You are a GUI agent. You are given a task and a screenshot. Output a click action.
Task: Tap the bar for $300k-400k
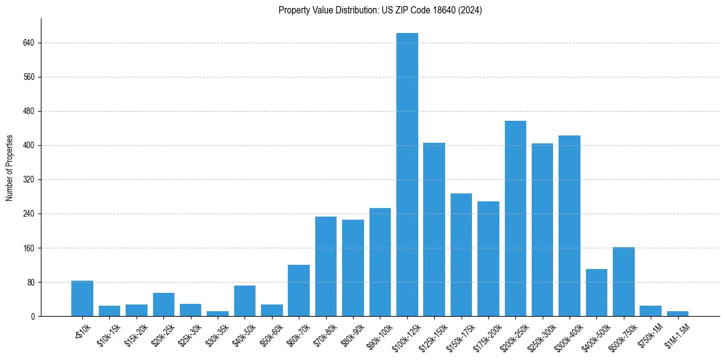pyautogui.click(x=570, y=226)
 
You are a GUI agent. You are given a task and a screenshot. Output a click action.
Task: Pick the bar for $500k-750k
pyautogui.click(x=623, y=282)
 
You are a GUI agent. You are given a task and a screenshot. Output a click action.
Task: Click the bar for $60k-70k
pyautogui.click(x=299, y=290)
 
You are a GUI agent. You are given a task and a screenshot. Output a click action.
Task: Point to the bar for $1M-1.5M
pyautogui.click(x=677, y=314)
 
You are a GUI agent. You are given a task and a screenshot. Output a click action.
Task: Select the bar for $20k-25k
pyautogui.click(x=163, y=304)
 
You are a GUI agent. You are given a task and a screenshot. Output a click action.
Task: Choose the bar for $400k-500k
pyautogui.click(x=596, y=293)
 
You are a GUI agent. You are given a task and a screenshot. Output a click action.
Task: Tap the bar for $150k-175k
pyautogui.click(x=461, y=255)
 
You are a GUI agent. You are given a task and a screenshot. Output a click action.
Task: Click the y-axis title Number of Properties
pyautogui.click(x=10, y=168)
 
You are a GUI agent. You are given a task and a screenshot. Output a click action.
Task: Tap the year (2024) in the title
pyautogui.click(x=470, y=10)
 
